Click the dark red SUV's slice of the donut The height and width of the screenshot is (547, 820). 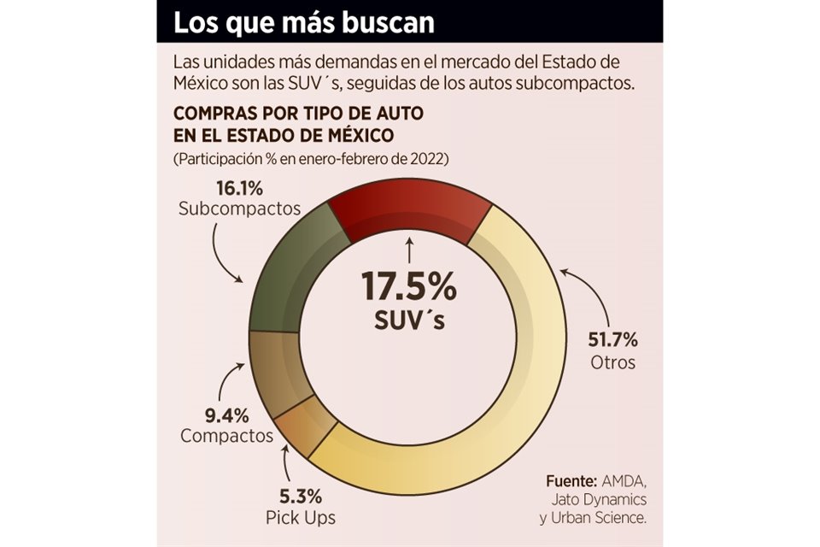408,213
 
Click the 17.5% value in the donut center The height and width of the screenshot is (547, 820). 408,287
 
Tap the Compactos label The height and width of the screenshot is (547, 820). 226,437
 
